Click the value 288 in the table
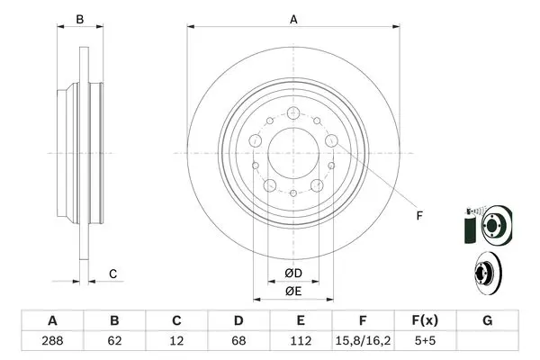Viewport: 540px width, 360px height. click(x=52, y=341)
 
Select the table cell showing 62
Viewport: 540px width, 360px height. click(x=114, y=341)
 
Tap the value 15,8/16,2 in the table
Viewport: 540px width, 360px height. click(x=363, y=341)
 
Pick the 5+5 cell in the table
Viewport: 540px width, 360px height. click(x=425, y=341)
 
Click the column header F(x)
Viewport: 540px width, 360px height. click(x=425, y=320)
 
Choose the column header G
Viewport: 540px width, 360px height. click(x=487, y=320)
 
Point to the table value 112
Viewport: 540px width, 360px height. click(x=301, y=341)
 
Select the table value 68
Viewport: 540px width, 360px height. click(x=238, y=341)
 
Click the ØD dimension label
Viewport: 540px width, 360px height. click(x=293, y=274)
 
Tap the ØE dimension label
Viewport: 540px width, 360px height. click(x=293, y=292)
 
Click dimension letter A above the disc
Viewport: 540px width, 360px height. click(x=293, y=19)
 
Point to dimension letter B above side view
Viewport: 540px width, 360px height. click(x=80, y=19)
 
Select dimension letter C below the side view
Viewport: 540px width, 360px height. click(x=113, y=274)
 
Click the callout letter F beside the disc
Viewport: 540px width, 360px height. click(x=419, y=216)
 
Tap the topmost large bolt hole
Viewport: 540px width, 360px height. click(x=293, y=112)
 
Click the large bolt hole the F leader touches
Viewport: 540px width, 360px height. click(x=331, y=140)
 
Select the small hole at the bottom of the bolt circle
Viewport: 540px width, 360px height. click(x=293, y=193)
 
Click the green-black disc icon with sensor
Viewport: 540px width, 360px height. click(x=489, y=225)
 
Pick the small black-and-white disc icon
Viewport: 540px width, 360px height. click(x=488, y=273)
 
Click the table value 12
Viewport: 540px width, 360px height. click(x=176, y=341)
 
